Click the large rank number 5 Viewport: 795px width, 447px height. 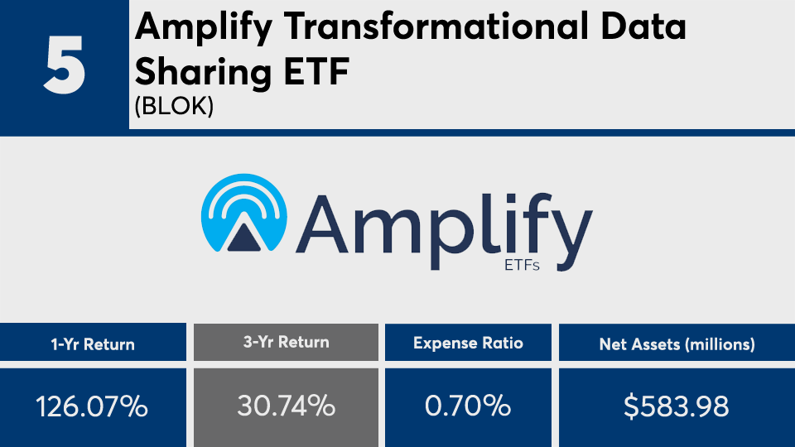[65, 65]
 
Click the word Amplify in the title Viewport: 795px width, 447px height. [204, 27]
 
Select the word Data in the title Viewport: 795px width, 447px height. [643, 26]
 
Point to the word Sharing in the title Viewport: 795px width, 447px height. [204, 73]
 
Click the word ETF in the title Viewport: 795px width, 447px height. [316, 71]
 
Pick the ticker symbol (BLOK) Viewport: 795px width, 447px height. [174, 106]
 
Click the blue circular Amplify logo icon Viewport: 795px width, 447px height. [243, 213]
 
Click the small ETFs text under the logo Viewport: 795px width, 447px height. [522, 265]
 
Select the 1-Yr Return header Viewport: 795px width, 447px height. [93, 344]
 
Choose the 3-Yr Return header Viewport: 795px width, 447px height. [286, 342]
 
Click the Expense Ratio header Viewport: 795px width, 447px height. [468, 343]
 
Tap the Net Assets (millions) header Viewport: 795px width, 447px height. [677, 344]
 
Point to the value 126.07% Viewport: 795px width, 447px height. [92, 406]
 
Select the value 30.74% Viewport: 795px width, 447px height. [286, 406]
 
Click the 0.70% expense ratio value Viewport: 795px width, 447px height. [467, 406]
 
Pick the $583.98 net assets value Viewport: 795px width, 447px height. [676, 406]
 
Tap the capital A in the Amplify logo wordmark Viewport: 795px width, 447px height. [321, 224]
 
